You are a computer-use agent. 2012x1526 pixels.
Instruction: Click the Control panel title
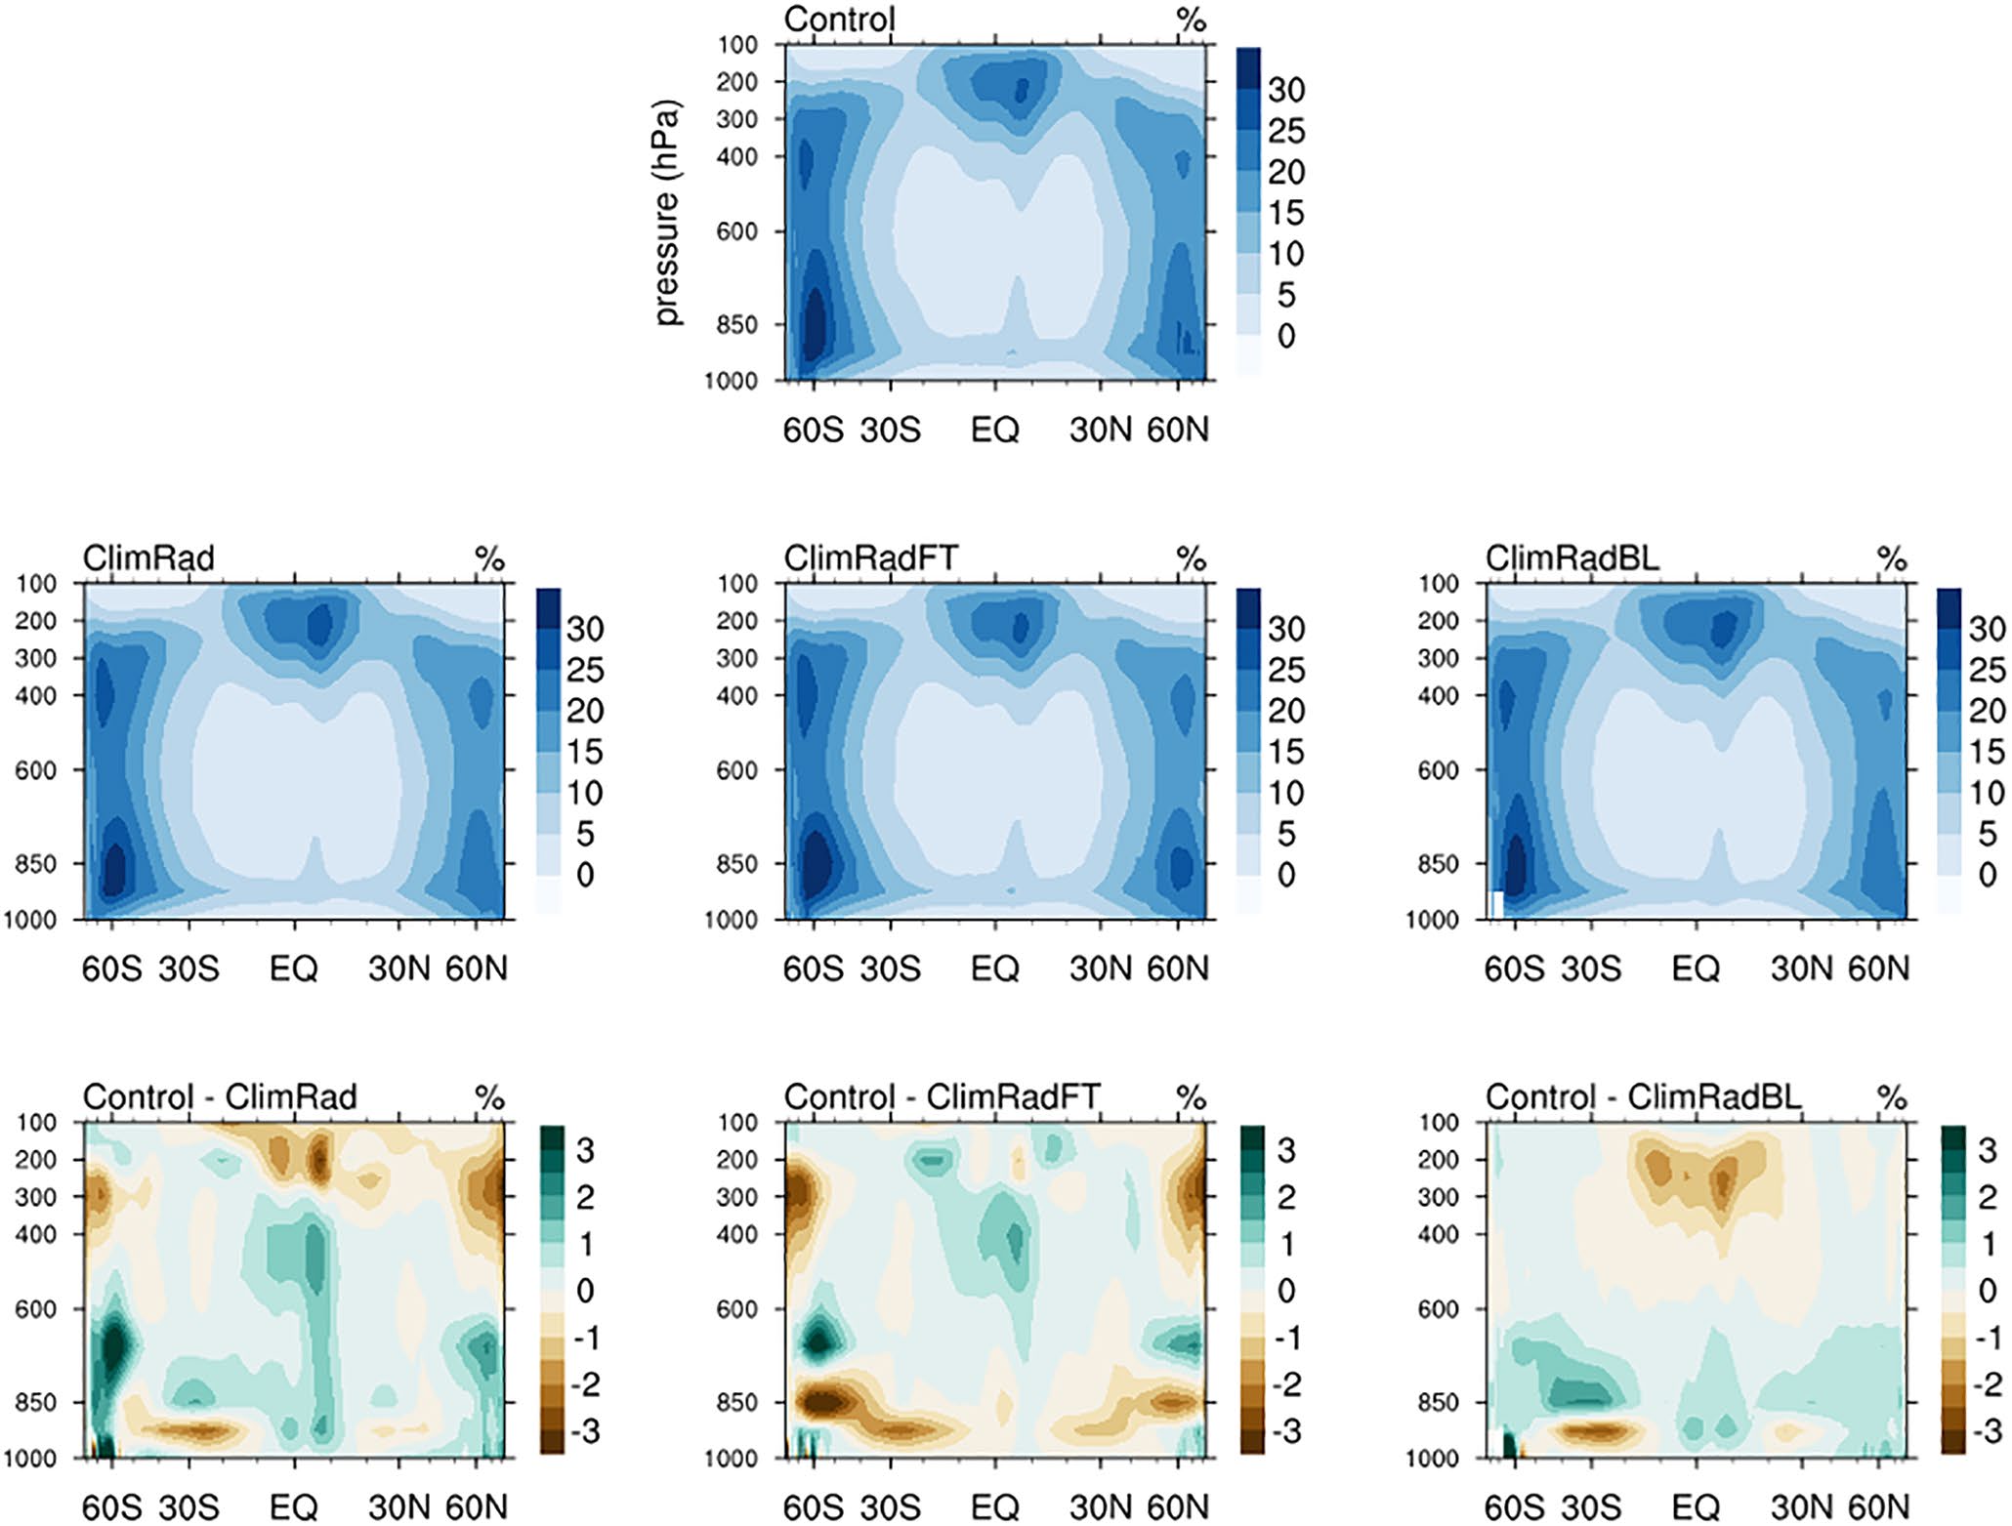(839, 20)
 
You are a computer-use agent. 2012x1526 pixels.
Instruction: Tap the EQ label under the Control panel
(994, 430)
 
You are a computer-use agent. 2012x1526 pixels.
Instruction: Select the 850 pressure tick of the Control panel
(737, 325)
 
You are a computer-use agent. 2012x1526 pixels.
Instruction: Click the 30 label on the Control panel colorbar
(1285, 90)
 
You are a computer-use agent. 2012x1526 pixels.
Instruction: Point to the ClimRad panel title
(148, 558)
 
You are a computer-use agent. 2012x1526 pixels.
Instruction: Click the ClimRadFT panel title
(871, 558)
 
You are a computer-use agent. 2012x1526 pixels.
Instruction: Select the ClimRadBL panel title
(1572, 558)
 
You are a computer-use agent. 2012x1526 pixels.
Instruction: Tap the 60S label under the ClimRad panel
(111, 969)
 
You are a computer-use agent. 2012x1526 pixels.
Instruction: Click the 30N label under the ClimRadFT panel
(1100, 969)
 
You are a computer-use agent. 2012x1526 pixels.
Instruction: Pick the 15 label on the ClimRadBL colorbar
(1987, 752)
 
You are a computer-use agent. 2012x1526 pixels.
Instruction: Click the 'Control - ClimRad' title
(220, 1097)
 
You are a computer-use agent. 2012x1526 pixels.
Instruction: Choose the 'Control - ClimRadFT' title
(942, 1097)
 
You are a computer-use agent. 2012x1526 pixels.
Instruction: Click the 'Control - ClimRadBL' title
(1643, 1097)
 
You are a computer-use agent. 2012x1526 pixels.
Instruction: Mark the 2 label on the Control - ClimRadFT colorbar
(1285, 1197)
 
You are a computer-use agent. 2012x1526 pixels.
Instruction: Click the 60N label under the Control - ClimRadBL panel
(1878, 1507)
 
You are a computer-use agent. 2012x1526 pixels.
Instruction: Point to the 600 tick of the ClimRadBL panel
(1438, 770)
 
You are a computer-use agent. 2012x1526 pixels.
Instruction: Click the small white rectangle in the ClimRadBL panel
(1495, 904)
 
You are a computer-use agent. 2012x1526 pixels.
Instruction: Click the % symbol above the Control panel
(1191, 20)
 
